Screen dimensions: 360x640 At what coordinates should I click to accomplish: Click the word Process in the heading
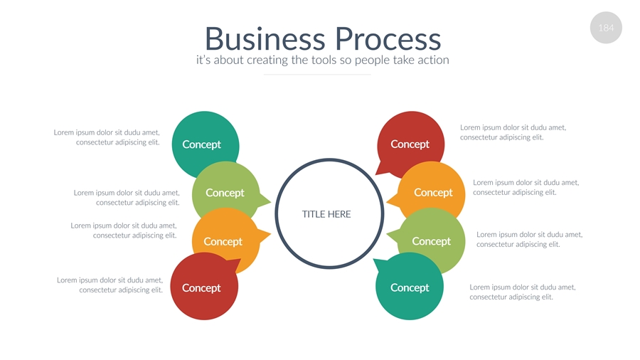click(388, 38)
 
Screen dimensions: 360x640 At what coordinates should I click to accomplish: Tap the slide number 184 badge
click(606, 28)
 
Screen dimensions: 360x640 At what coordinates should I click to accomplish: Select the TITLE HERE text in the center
click(326, 214)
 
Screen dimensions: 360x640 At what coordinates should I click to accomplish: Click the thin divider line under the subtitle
click(317, 74)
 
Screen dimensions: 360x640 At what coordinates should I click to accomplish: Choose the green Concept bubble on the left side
click(225, 192)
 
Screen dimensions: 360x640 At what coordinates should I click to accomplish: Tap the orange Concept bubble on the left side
click(223, 241)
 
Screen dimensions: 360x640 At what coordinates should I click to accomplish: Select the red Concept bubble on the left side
click(202, 288)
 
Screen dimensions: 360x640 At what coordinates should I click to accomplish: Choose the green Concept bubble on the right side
click(432, 241)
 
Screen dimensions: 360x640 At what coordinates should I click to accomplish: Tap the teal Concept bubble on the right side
click(410, 288)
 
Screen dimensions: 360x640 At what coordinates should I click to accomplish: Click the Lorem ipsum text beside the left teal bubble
click(107, 137)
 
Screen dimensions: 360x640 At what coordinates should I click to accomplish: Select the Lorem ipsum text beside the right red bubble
click(513, 132)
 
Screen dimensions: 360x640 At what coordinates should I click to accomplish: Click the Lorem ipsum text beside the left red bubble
click(110, 285)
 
